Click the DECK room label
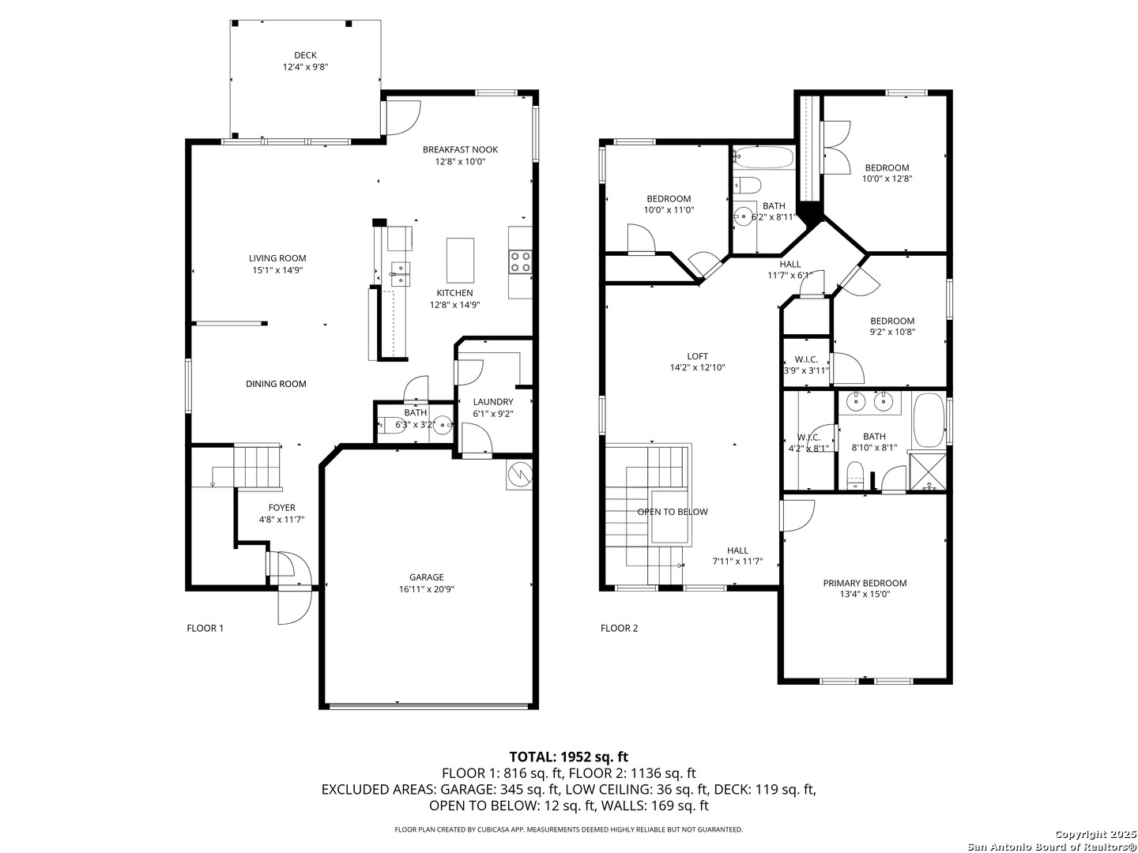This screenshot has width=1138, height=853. tap(305, 55)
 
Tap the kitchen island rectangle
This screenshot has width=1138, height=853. tap(460, 261)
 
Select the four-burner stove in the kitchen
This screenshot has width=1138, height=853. tap(520, 261)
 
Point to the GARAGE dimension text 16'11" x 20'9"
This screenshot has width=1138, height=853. tap(426, 589)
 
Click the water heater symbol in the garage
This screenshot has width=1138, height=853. tap(519, 474)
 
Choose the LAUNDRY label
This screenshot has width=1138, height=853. tap(492, 401)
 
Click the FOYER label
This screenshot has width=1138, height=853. tap(281, 508)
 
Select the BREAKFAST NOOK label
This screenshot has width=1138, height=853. tap(460, 150)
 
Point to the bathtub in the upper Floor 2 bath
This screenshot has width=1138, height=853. tap(764, 158)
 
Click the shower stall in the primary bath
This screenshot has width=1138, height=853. tap(928, 471)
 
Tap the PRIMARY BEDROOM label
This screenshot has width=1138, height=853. tap(865, 583)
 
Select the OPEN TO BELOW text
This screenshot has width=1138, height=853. tap(672, 512)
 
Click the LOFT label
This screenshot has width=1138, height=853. tap(697, 356)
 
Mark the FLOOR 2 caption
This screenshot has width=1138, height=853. tap(619, 628)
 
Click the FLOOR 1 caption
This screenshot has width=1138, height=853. tap(205, 628)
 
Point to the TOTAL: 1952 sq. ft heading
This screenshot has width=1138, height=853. tap(569, 757)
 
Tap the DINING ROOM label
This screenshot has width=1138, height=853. tap(276, 384)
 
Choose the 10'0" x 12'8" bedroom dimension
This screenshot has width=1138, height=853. tap(887, 178)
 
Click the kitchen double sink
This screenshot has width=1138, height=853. tap(400, 273)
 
